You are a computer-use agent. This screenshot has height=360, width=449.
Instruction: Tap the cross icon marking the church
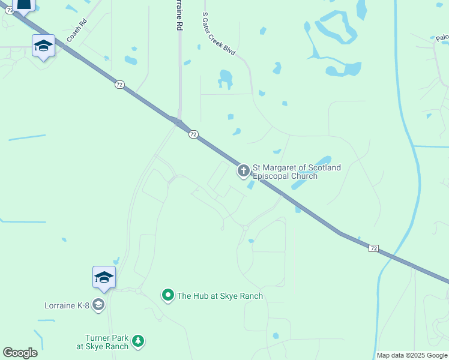244,172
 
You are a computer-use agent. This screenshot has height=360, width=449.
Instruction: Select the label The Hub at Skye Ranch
220,296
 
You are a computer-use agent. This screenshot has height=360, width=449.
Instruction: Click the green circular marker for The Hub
168,295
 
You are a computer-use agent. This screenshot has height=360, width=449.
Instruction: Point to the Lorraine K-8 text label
67,305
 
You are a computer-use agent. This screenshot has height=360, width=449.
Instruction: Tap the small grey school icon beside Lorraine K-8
98,305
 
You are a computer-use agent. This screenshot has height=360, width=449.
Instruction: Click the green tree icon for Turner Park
139,341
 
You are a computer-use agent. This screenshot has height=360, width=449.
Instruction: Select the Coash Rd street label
77,30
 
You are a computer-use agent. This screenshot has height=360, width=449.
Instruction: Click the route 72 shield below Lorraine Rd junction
193,134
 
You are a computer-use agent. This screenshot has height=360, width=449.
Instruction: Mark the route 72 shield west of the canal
373,248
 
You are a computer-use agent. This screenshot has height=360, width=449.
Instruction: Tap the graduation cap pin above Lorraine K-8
104,277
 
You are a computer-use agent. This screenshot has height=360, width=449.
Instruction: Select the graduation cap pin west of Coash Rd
44,46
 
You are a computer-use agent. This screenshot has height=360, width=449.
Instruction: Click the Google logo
20,353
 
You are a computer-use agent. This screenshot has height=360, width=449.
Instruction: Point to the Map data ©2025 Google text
412,355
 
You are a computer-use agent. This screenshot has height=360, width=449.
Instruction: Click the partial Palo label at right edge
442,38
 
